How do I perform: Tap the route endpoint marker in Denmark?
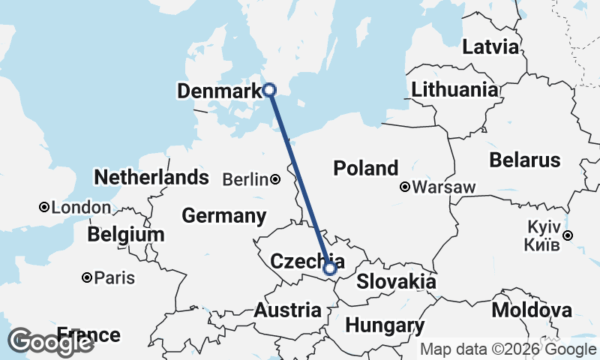270,90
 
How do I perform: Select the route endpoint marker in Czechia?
330,268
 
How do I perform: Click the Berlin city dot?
276,179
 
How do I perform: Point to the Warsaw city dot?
405,186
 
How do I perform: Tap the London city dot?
44,207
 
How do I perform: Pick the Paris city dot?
88,277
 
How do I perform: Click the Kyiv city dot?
568,235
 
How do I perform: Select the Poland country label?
366,168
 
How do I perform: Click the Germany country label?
224,216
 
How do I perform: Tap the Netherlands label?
151,178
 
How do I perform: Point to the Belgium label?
125,235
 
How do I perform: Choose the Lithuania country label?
454,90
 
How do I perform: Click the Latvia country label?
490,47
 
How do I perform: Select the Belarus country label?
524,160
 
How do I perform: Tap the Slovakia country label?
396,282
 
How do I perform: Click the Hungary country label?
385,326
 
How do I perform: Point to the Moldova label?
532,310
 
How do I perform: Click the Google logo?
50,341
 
